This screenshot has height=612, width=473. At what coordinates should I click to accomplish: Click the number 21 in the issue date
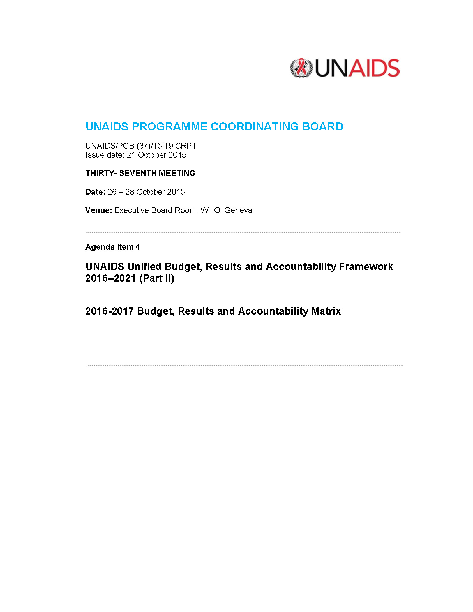pyautogui.click(x=131, y=155)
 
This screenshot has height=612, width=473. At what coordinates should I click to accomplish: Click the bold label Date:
pyautogui.click(x=95, y=192)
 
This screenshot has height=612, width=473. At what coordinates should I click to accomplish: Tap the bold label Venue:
pyautogui.click(x=98, y=210)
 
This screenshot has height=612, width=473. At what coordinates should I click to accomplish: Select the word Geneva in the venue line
pyautogui.click(x=238, y=210)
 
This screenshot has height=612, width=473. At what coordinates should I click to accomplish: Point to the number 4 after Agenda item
pyautogui.click(x=138, y=247)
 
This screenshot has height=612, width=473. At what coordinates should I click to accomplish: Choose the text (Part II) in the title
pyautogui.click(x=157, y=278)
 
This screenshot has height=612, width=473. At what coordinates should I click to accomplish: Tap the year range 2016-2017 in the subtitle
pyautogui.click(x=110, y=311)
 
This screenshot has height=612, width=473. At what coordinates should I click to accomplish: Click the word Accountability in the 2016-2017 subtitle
pyautogui.click(x=273, y=311)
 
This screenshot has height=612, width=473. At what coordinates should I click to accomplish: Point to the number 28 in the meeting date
pyautogui.click(x=130, y=192)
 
